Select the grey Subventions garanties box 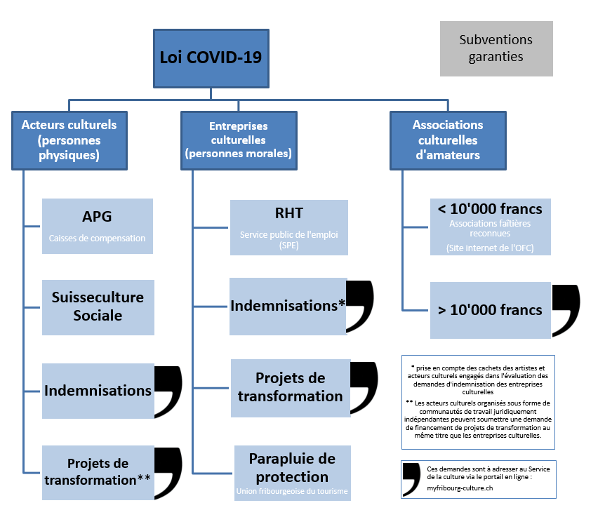tap(496, 48)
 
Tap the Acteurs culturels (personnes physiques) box tap(69, 140)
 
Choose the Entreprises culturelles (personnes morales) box tap(238, 140)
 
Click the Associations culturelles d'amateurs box tap(447, 140)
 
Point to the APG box tap(97, 225)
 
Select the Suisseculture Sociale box tap(98, 307)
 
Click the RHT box tap(288, 225)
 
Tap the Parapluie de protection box tap(292, 472)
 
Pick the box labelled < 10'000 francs tap(490, 227)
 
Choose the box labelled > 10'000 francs tap(490, 310)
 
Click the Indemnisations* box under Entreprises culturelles tap(288, 306)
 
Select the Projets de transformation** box tap(98, 471)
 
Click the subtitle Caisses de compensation tap(97, 239)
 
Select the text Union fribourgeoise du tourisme tap(292, 490)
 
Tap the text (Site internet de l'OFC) tap(490, 248)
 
